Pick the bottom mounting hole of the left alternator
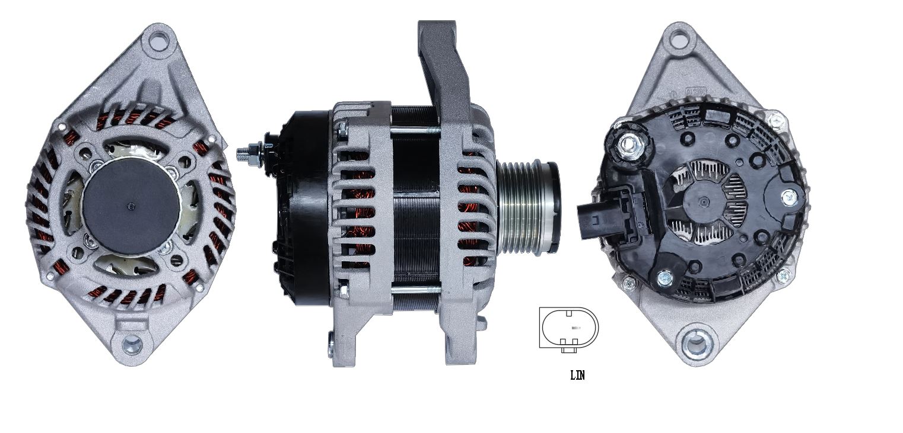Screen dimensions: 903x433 [x=132, y=345]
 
